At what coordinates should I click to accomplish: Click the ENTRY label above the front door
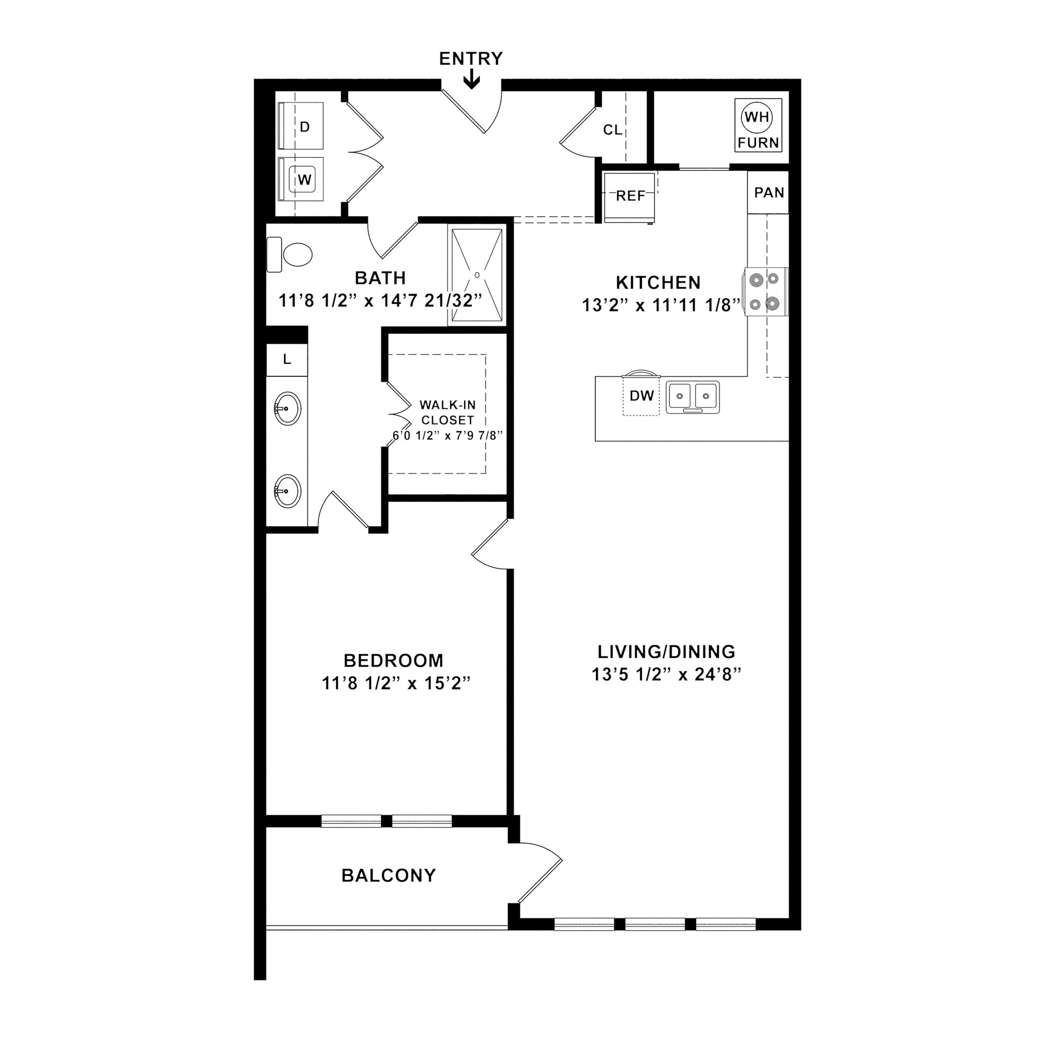(471, 58)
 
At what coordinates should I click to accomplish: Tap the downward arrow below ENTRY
(472, 81)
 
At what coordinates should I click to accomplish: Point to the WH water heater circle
(757, 116)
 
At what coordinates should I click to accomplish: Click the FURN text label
(758, 143)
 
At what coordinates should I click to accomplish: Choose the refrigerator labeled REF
(629, 196)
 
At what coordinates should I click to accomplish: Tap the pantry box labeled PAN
(768, 193)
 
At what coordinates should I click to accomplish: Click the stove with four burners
(766, 291)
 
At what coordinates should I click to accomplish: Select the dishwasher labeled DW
(641, 395)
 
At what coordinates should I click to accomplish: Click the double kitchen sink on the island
(693, 396)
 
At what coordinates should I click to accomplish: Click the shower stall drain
(477, 275)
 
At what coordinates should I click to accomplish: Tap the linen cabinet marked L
(286, 360)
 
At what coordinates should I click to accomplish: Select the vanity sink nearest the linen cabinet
(287, 408)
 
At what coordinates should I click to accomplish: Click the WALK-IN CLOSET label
(447, 413)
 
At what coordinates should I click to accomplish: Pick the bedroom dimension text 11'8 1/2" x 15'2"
(396, 684)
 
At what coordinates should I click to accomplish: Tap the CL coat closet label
(612, 130)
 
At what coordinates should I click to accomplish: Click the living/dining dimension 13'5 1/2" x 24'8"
(666, 675)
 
